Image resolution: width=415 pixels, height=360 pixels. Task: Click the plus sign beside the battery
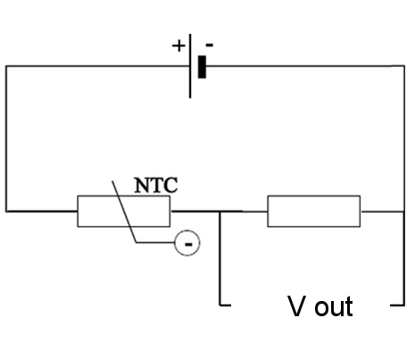click(x=178, y=46)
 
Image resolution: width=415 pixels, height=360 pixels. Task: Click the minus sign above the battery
click(x=210, y=45)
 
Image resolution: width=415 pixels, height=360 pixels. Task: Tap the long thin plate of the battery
click(x=190, y=66)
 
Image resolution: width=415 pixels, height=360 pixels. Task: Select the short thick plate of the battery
click(x=202, y=67)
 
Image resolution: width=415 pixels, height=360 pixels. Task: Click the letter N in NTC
click(x=141, y=185)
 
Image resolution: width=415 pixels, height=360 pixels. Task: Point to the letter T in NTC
click(x=155, y=185)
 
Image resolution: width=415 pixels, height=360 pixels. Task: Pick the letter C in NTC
click(x=170, y=185)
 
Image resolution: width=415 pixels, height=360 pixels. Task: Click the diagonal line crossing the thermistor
click(x=124, y=211)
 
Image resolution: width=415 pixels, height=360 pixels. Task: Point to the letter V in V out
click(x=296, y=306)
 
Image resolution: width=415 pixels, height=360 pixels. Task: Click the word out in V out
click(x=334, y=306)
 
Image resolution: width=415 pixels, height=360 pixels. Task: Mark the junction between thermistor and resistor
click(x=220, y=212)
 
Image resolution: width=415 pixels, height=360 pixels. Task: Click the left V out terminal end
click(x=230, y=305)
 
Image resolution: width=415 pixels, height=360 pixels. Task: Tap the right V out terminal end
click(x=391, y=305)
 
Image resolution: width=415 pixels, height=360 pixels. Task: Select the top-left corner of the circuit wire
click(x=6, y=66)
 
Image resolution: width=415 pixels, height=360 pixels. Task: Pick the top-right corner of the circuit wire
click(x=404, y=66)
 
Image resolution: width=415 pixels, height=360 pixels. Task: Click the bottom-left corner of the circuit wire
click(x=6, y=212)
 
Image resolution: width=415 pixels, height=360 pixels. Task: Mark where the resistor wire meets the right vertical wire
click(x=404, y=212)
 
